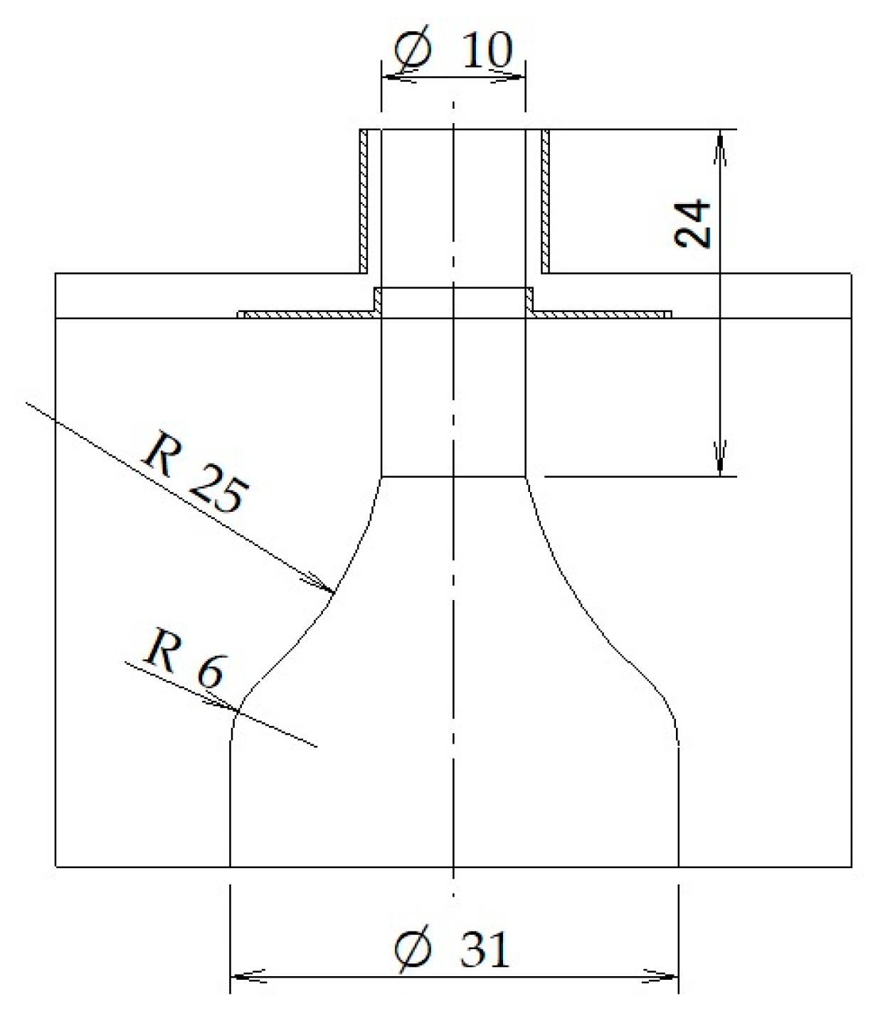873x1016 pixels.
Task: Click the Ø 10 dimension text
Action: (x=453, y=51)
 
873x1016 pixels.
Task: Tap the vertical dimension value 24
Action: (x=692, y=223)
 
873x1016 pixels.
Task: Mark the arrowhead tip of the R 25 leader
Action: (x=332, y=592)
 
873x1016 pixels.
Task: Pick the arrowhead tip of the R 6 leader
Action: (x=236, y=710)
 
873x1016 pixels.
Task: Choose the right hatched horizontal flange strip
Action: (x=602, y=314)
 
